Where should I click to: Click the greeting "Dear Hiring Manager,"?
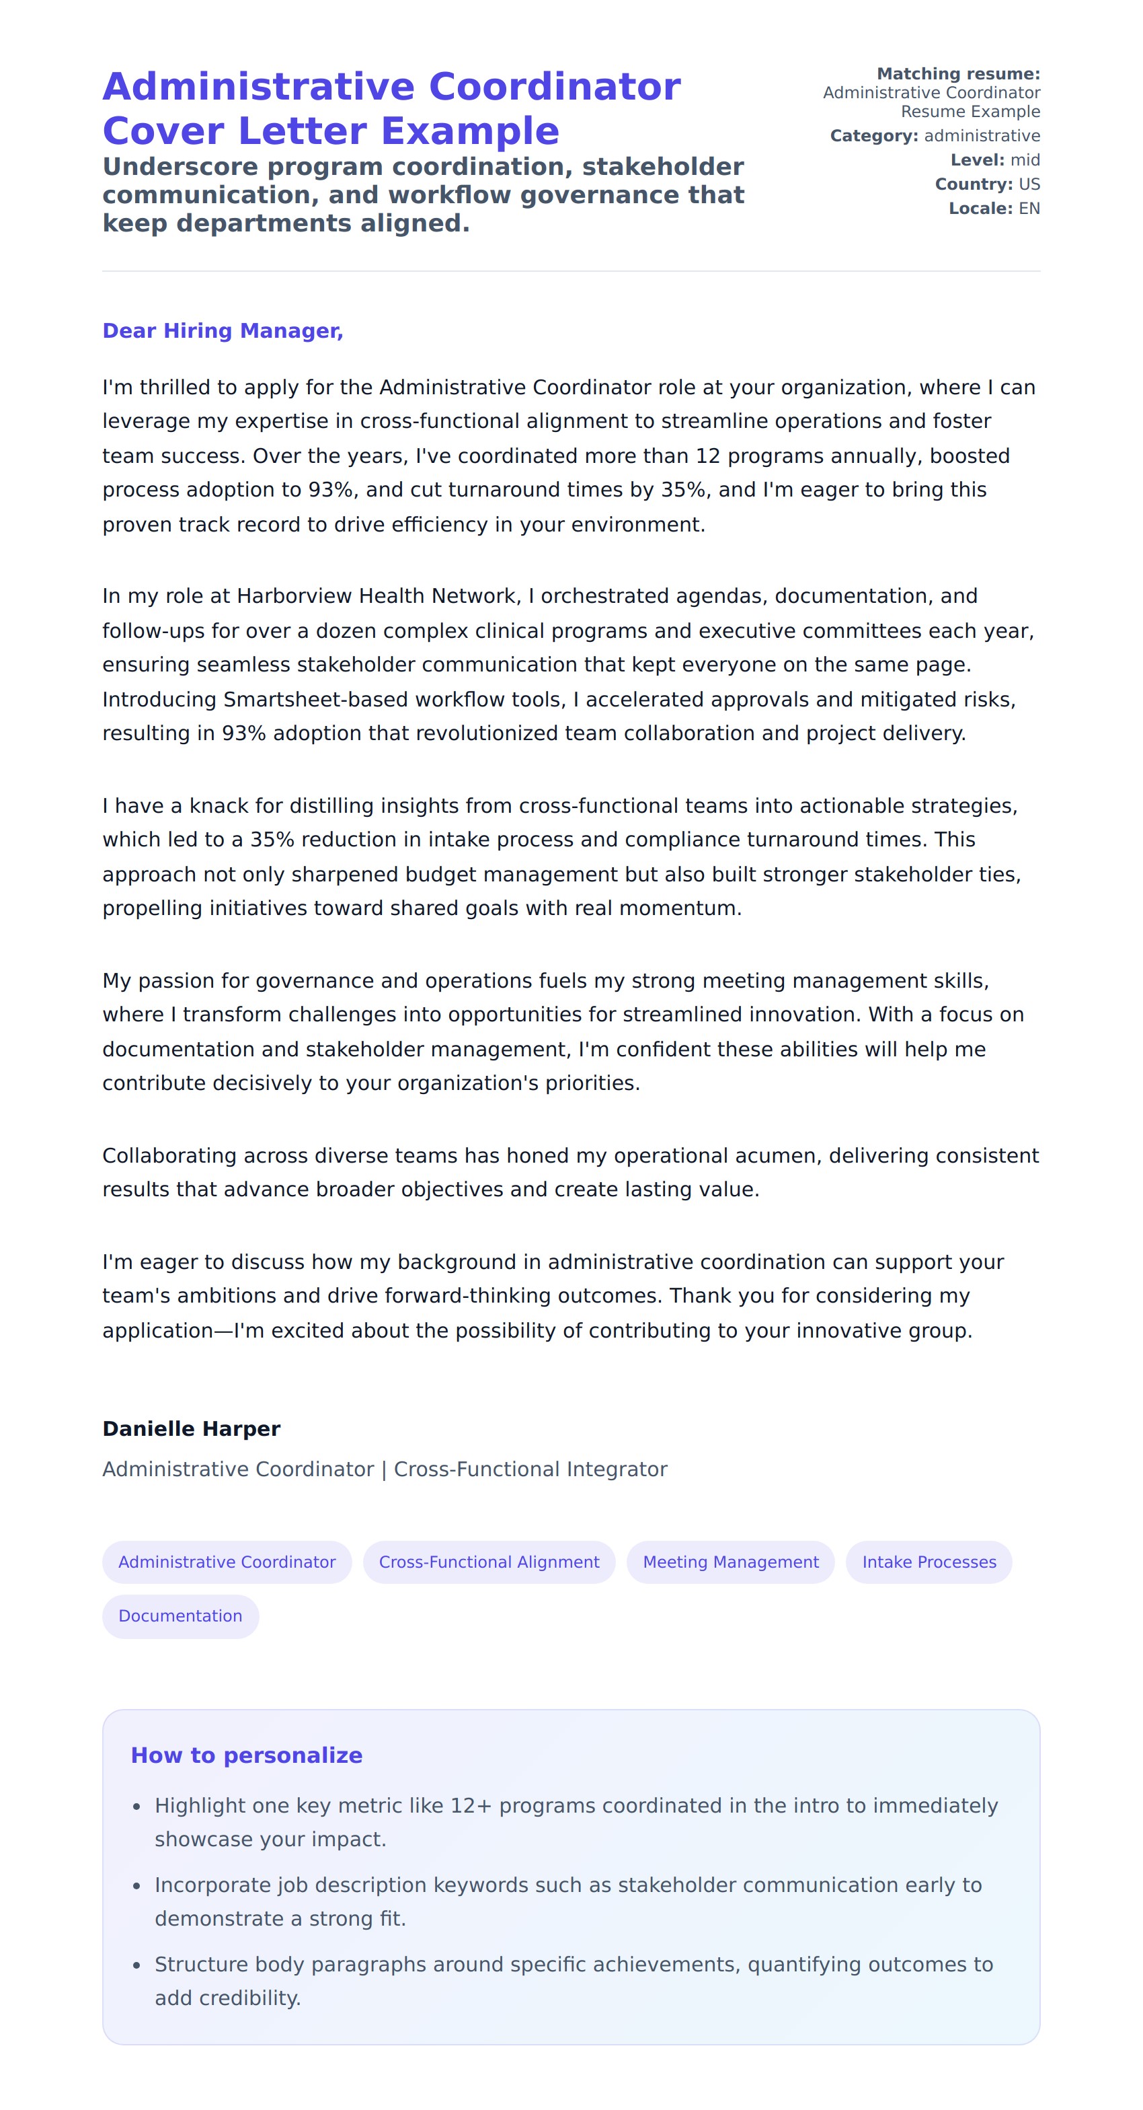223,331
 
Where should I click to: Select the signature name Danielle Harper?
191,1428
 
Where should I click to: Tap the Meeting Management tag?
730,1562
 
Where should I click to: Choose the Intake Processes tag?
929,1562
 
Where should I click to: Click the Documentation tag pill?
180,1616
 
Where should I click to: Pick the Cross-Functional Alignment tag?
489,1562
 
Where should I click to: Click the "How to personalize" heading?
247,1755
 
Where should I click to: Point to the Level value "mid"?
1025,159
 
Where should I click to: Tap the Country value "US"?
1029,184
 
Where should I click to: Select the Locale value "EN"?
1029,209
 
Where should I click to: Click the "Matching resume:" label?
958,75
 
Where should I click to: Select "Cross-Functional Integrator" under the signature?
530,1469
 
